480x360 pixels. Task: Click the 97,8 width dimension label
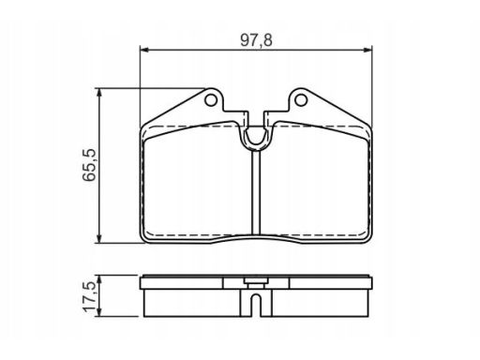click(x=256, y=40)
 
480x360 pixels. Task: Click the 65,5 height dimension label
click(x=89, y=165)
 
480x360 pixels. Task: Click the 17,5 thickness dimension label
click(x=89, y=296)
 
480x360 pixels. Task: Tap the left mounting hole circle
click(x=210, y=100)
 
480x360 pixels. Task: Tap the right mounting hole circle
click(x=301, y=100)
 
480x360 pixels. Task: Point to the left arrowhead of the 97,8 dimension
click(x=143, y=50)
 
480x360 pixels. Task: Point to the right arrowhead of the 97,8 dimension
click(x=368, y=50)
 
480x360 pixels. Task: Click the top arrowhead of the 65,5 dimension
click(x=99, y=93)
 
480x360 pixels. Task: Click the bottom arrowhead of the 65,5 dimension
click(x=99, y=239)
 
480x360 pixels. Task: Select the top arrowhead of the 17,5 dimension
click(x=99, y=279)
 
